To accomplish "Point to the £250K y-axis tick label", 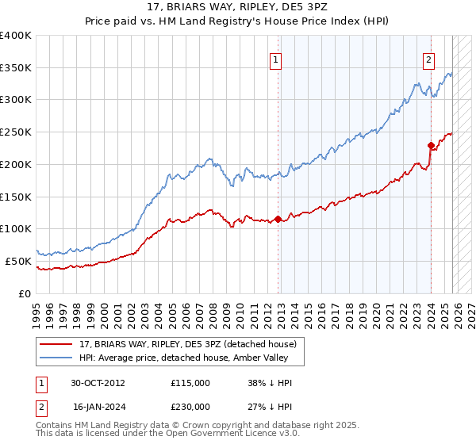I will point(16,132).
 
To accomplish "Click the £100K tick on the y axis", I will point(16,228).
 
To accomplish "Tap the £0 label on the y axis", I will point(25,293).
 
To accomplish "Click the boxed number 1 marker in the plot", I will point(275,59).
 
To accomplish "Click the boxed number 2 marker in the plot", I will point(428,59).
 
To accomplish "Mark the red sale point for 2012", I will point(278,219).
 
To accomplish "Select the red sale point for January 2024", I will point(431,145).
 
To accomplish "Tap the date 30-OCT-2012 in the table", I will point(98,382).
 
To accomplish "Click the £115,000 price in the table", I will point(190,382).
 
